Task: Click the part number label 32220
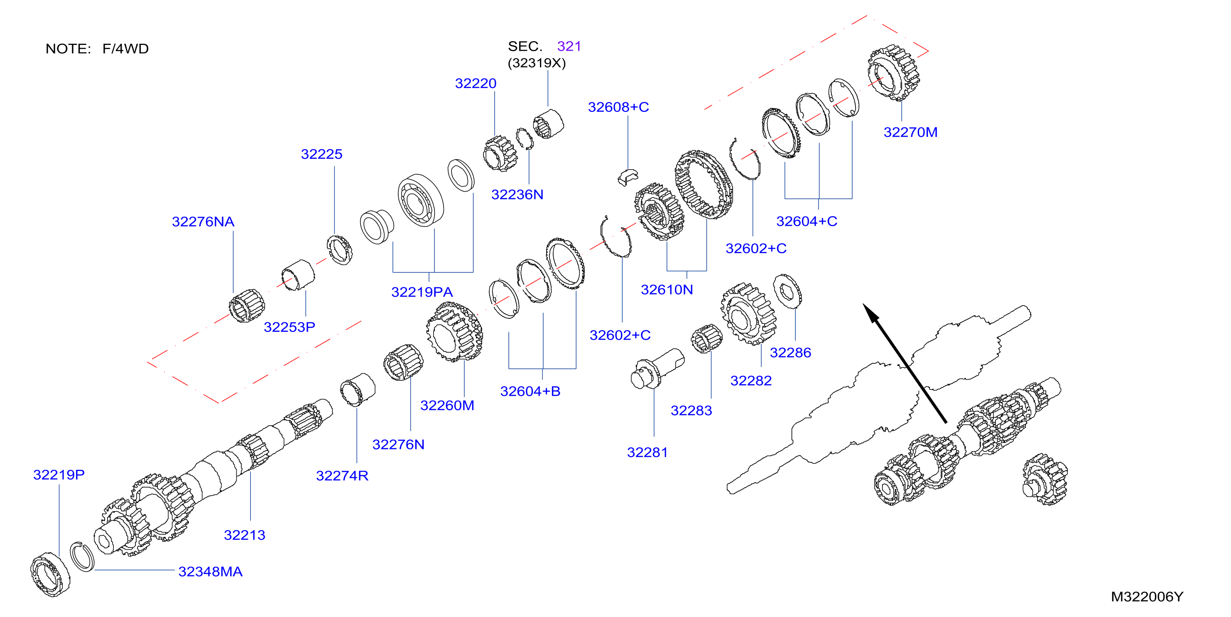(x=476, y=84)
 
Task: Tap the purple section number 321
(x=569, y=47)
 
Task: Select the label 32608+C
(x=618, y=107)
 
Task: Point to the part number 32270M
(x=910, y=133)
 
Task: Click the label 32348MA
(x=210, y=572)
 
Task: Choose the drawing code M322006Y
(x=1147, y=597)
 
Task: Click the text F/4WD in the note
(x=126, y=49)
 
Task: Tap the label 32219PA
(x=422, y=292)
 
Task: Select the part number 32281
(x=647, y=452)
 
